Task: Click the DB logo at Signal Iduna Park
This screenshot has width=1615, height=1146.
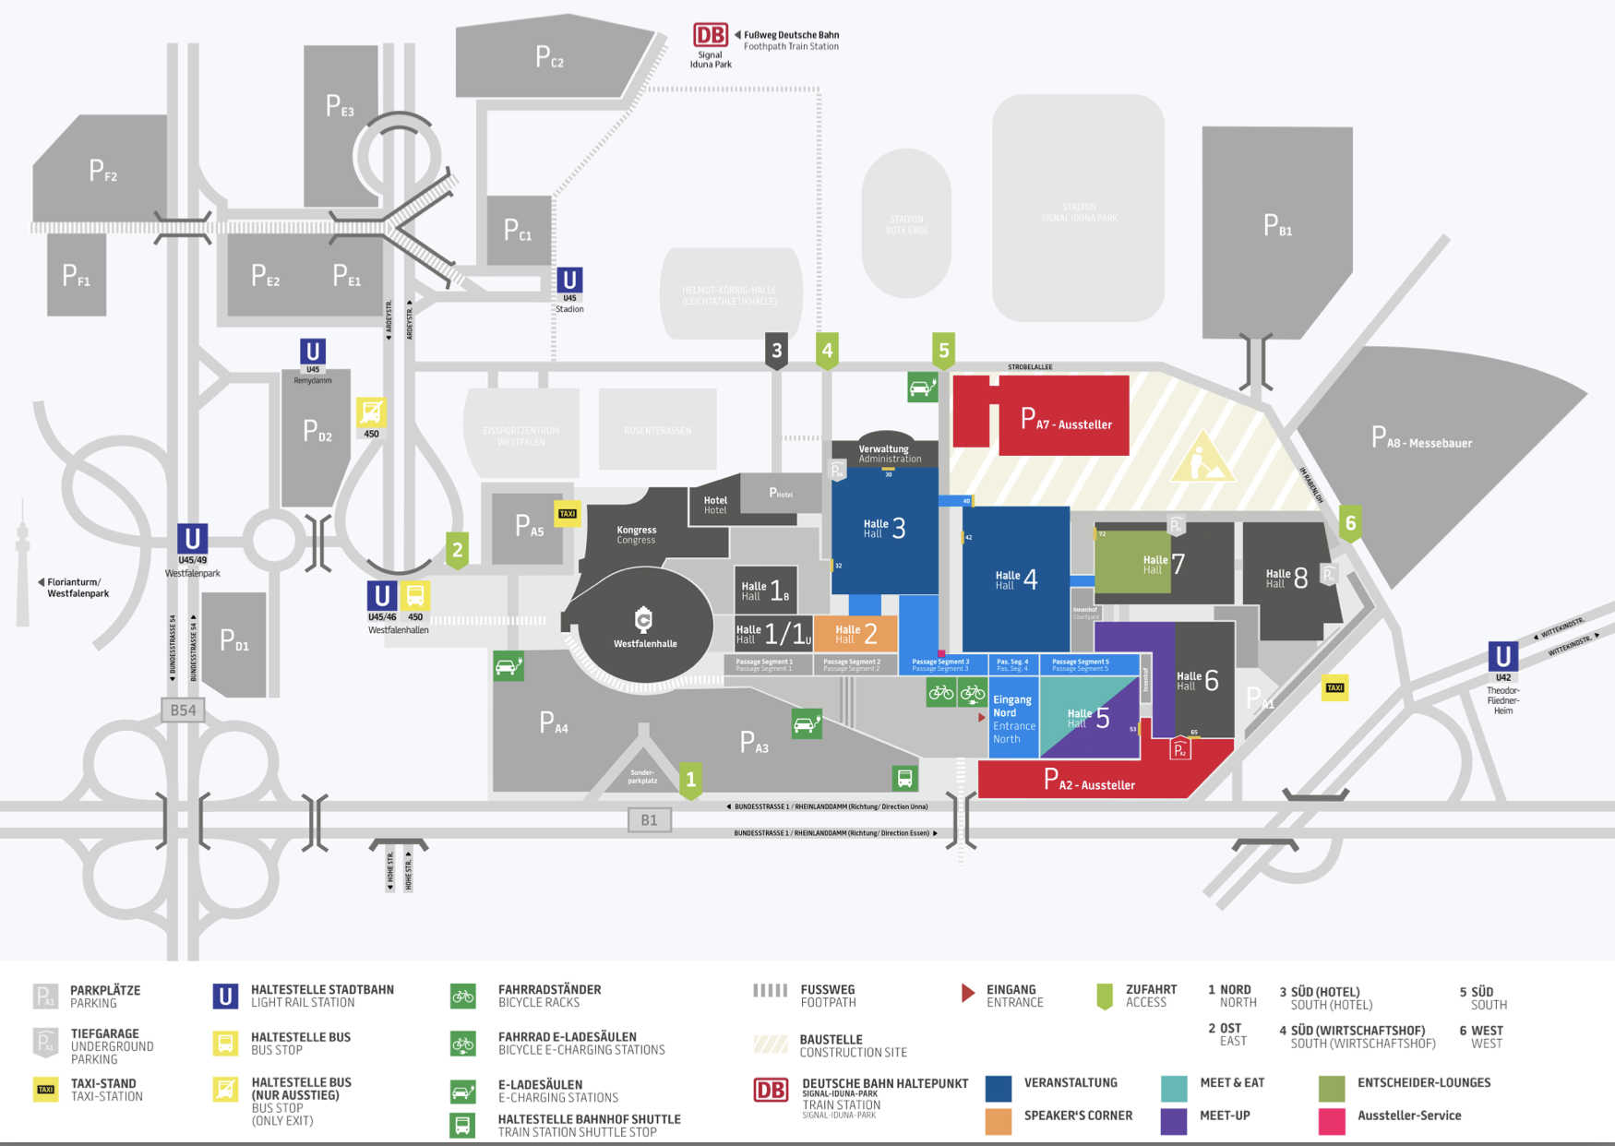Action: click(711, 35)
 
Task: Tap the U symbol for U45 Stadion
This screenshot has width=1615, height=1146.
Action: click(569, 280)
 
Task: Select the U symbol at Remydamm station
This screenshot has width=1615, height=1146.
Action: click(313, 352)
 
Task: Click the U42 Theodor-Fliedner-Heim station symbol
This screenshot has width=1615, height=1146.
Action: click(1503, 657)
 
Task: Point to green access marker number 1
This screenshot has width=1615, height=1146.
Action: click(691, 780)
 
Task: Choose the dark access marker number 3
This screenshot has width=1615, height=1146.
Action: click(777, 351)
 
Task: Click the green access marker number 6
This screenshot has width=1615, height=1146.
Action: click(1351, 523)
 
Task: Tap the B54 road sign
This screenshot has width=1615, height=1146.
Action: click(183, 710)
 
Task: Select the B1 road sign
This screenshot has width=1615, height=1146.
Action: click(650, 819)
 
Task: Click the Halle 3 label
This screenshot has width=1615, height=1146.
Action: click(884, 528)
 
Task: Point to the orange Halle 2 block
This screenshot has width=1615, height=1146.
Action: click(855, 634)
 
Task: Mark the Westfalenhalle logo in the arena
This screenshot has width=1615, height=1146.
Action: click(644, 619)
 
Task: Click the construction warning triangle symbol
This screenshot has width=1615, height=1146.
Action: click(1202, 459)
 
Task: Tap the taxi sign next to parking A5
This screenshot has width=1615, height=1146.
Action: click(568, 514)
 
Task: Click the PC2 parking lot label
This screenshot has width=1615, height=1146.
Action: click(549, 58)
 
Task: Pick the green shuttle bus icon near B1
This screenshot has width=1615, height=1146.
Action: click(905, 778)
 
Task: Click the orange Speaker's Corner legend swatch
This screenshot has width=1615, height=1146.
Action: click(999, 1120)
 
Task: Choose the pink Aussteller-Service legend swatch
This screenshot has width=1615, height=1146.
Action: click(1332, 1120)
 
